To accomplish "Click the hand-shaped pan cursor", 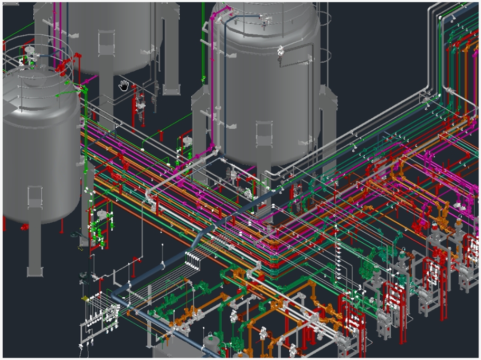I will tap(124, 86).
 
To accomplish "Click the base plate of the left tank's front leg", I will tap(34, 272).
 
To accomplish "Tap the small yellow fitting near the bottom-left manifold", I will tap(84, 299).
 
